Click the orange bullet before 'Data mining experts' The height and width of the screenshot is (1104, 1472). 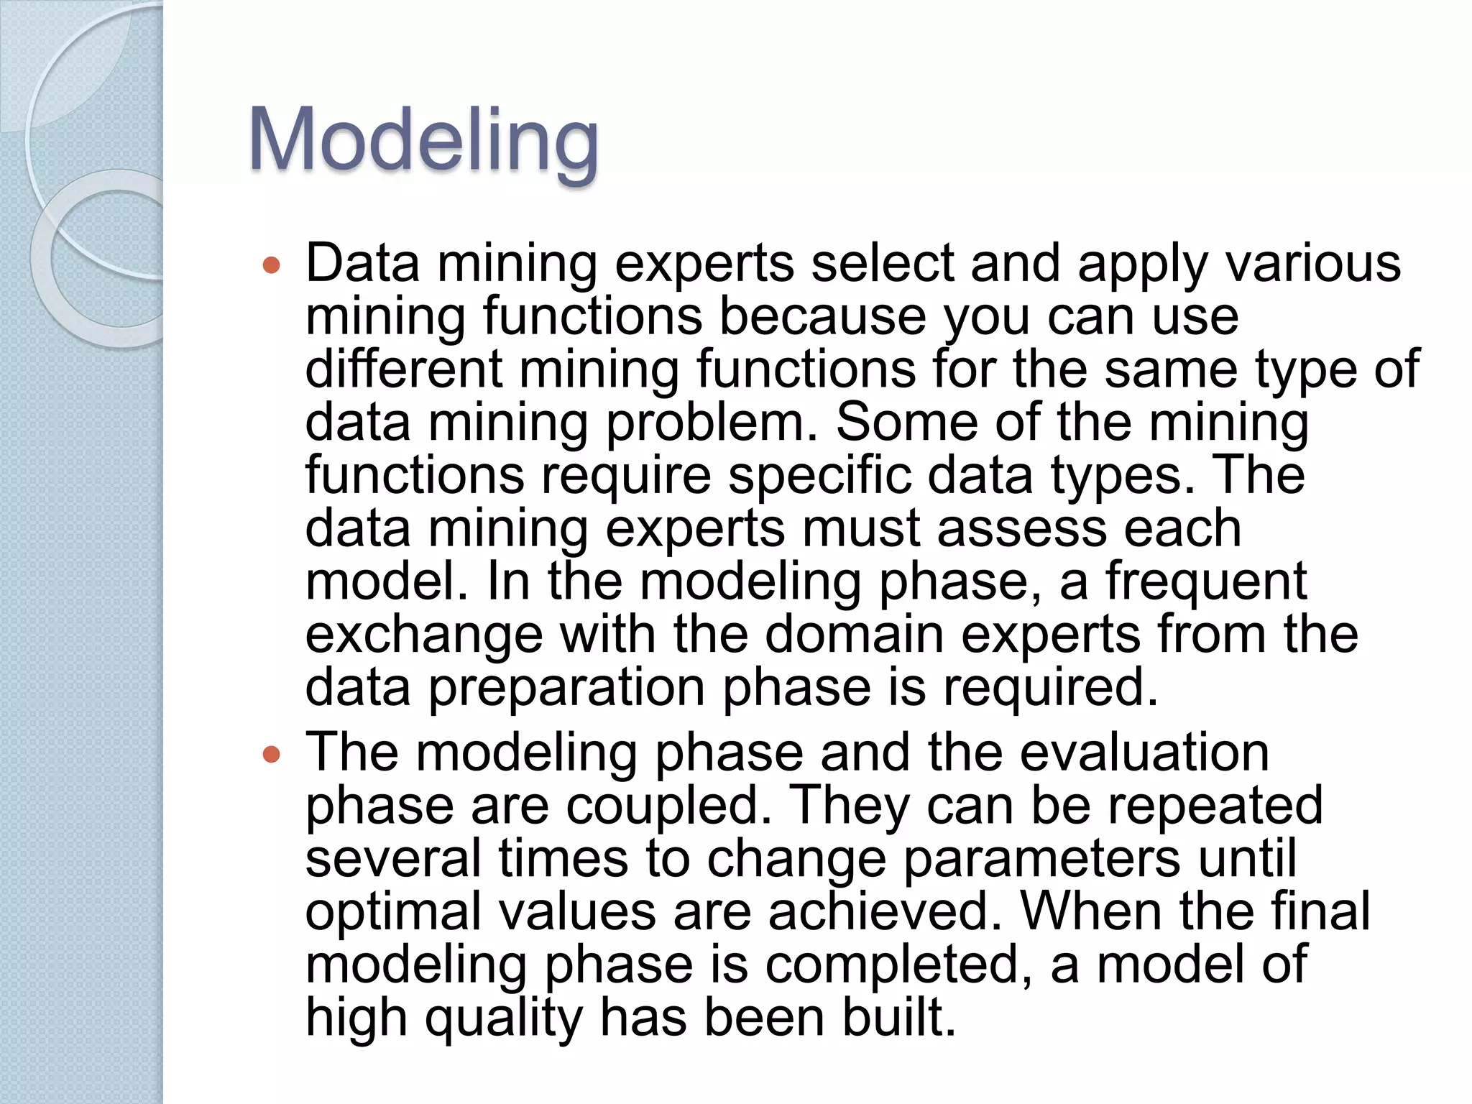[x=271, y=266]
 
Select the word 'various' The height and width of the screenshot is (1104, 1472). [x=1313, y=263]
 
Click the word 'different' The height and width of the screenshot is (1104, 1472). [x=403, y=369]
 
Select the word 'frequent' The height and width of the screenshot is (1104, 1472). [x=1205, y=581]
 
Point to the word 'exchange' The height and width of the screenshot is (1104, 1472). [x=424, y=635]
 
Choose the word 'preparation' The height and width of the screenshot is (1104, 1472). [x=567, y=688]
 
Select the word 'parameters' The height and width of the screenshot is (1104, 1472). [x=1041, y=859]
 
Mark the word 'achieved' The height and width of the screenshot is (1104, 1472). [x=885, y=911]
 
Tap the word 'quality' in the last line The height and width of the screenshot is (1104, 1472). [x=503, y=1018]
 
